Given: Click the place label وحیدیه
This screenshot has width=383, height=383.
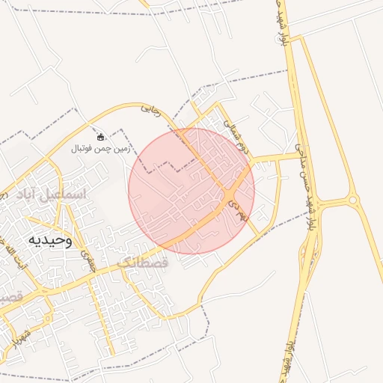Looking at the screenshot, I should (x=50, y=240).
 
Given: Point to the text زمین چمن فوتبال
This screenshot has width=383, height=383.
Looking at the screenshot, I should (x=101, y=148).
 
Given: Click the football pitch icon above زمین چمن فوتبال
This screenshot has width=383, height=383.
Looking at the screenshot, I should (x=101, y=136).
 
